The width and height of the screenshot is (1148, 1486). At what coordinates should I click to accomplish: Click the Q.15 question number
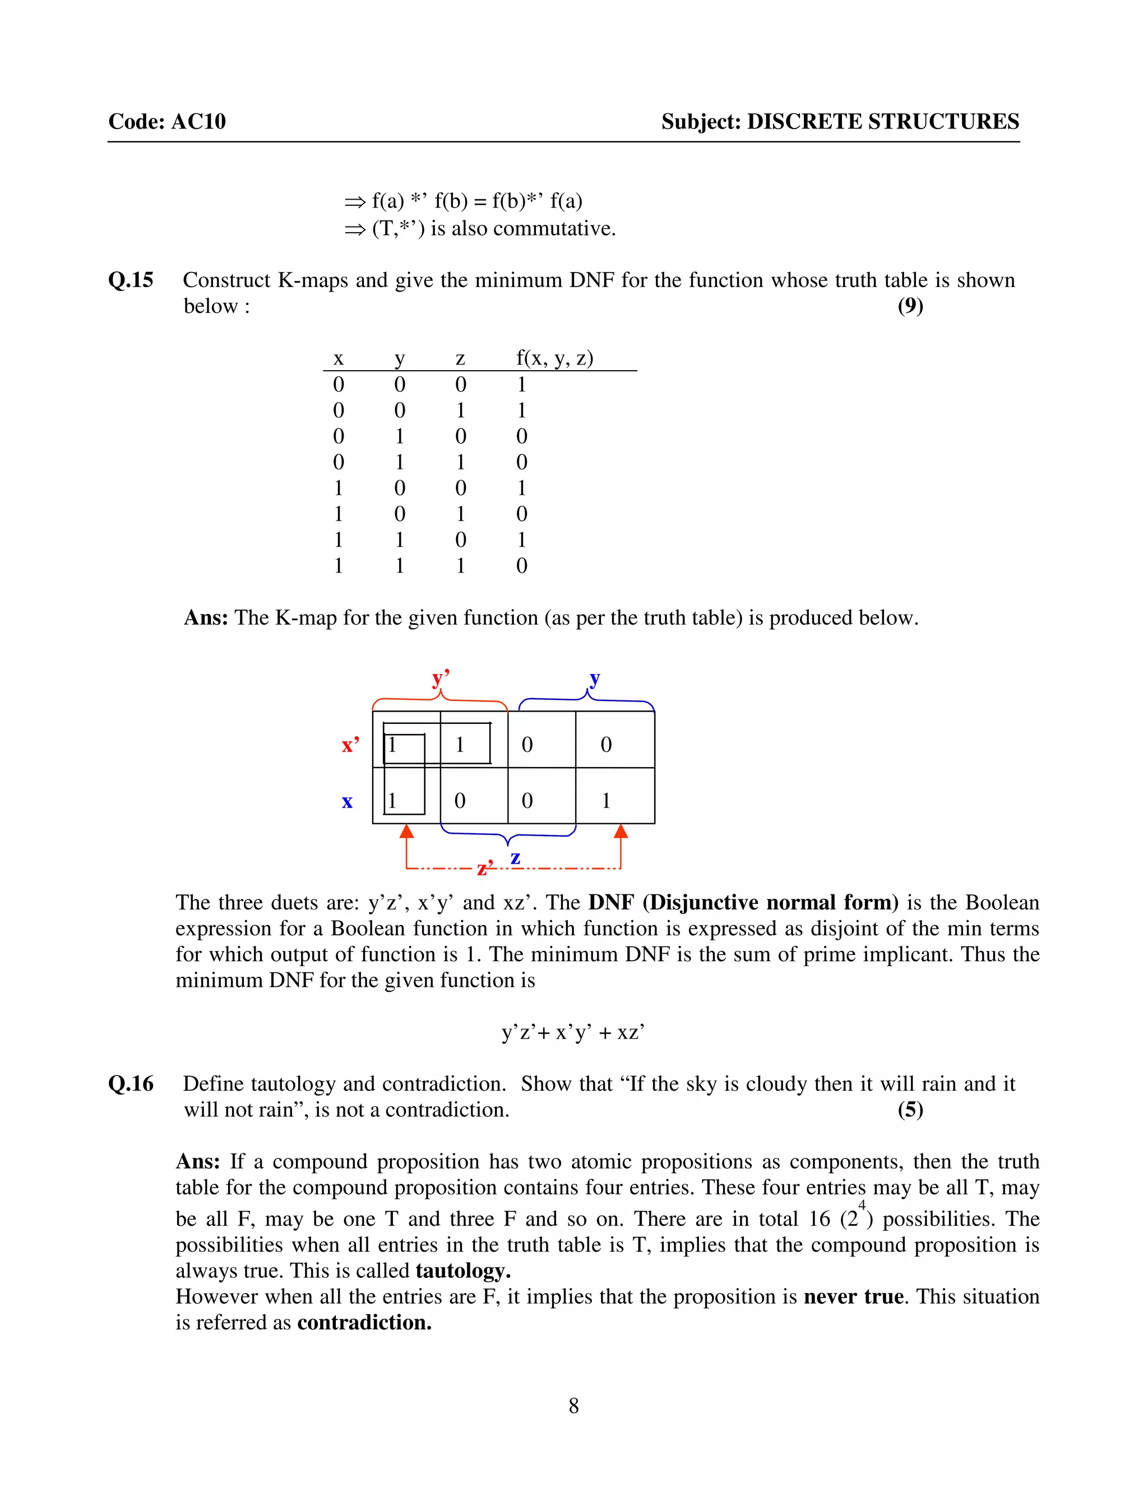click(131, 280)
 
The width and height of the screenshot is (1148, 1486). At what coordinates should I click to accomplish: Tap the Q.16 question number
click(131, 1084)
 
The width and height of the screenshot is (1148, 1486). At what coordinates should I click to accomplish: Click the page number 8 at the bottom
click(573, 1405)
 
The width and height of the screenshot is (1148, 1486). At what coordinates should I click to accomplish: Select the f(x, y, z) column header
click(554, 358)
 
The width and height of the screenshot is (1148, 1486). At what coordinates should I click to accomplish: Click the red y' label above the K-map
click(441, 678)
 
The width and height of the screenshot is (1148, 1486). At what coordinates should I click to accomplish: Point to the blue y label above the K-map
click(594, 678)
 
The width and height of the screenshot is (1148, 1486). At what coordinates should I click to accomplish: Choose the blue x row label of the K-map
click(347, 801)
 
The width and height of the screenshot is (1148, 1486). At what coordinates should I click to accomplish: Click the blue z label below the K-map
click(516, 858)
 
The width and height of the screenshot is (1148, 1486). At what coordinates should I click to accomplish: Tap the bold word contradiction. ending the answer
click(364, 1323)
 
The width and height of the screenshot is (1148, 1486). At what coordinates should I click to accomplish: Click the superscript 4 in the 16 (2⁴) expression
click(862, 1206)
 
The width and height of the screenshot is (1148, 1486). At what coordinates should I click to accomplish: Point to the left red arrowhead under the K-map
click(407, 832)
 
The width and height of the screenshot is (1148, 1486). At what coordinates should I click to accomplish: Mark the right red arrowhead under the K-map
click(621, 832)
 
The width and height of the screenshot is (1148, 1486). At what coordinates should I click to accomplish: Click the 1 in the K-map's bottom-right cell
click(606, 801)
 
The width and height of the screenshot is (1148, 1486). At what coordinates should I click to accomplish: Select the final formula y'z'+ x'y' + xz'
click(573, 1032)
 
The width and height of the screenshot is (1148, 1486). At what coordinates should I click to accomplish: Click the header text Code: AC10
click(167, 122)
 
